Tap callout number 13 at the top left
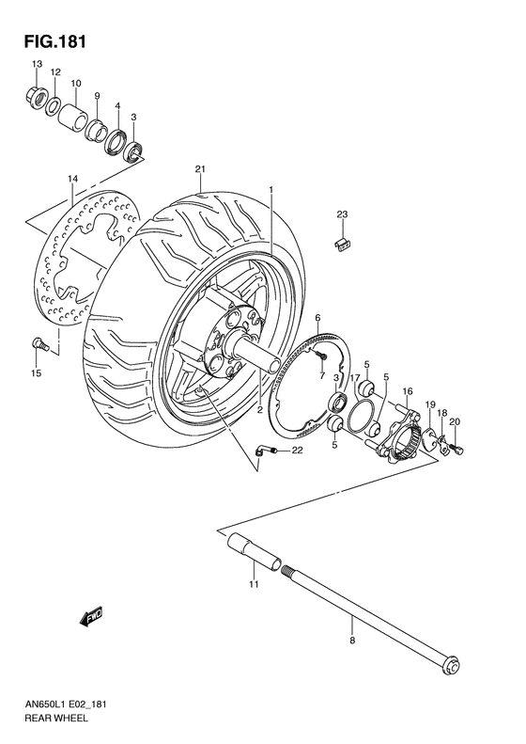tap(38, 63)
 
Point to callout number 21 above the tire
tap(200, 169)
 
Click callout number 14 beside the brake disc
tap(71, 178)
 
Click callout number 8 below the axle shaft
tap(352, 641)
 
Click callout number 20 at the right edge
tap(455, 420)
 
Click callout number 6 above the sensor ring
tap(318, 318)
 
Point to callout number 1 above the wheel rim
tap(271, 189)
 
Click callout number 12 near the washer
tap(55, 72)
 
